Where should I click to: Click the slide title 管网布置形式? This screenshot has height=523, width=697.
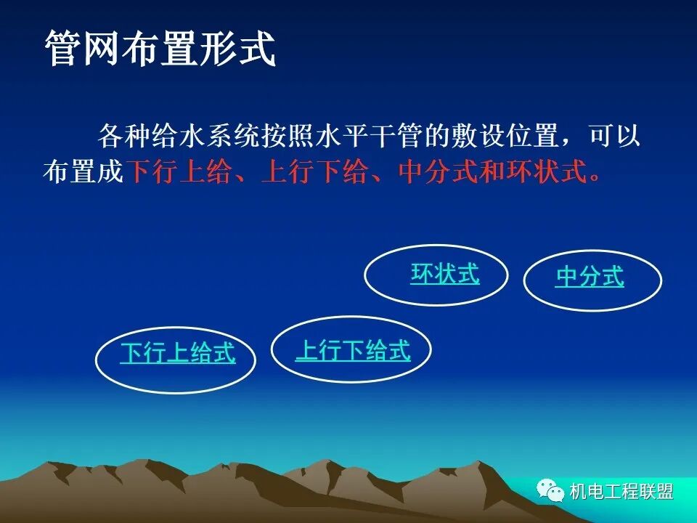[x=160, y=49]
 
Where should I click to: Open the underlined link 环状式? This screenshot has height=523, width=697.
[x=444, y=274]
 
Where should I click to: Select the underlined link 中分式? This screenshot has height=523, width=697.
[x=590, y=277]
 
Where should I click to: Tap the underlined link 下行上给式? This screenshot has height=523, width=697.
[x=178, y=353]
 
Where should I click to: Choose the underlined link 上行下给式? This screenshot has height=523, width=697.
[x=353, y=351]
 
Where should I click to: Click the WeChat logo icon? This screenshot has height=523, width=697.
[x=550, y=491]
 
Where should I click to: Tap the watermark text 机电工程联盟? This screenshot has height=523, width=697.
[x=621, y=492]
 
